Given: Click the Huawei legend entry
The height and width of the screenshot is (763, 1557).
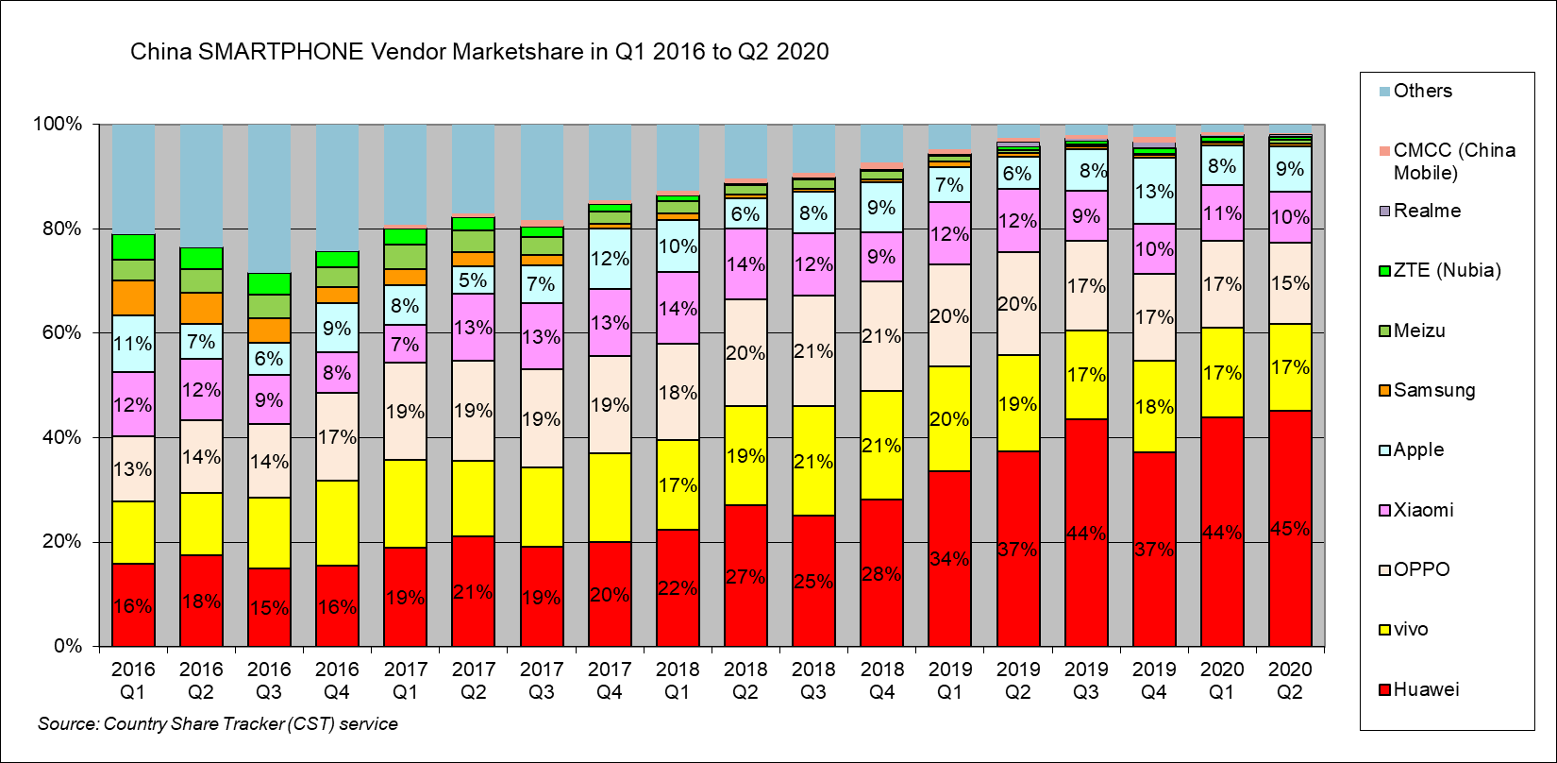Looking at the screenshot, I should pos(1425,689).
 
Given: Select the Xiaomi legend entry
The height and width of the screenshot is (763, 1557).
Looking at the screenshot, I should pos(1423,510).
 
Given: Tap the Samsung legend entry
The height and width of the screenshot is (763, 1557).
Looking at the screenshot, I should pos(1433,390).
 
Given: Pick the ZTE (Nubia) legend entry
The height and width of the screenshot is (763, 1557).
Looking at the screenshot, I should pos(1447,270).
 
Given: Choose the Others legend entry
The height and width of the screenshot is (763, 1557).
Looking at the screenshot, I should pos(1422,91).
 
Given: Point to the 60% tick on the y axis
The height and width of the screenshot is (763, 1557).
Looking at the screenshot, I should pos(59,333).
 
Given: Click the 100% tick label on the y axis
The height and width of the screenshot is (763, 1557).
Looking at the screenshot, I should pos(59,125).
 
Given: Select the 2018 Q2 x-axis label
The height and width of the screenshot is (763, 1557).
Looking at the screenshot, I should pos(745,681).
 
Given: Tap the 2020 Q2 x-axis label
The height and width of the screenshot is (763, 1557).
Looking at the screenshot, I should pos(1290,681).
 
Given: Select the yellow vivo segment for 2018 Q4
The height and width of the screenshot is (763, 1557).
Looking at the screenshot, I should pos(881,446).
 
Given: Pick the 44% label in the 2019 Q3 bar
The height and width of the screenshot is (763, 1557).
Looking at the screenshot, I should pos(1086,534).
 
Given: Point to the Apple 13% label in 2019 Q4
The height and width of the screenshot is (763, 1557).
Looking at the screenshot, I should pos(1154,192).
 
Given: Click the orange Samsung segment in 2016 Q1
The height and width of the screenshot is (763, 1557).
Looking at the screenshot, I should pos(133,297).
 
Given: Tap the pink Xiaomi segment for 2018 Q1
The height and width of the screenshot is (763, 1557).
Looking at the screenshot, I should pos(678,308).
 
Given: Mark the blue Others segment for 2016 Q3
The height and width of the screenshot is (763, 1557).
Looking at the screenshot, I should pos(269,198).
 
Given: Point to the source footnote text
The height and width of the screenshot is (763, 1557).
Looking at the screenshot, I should pos(218,724).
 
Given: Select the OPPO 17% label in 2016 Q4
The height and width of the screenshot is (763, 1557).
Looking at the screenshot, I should pos(337,437).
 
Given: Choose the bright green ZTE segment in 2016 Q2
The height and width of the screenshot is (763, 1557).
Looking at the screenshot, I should pos(201,258).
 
